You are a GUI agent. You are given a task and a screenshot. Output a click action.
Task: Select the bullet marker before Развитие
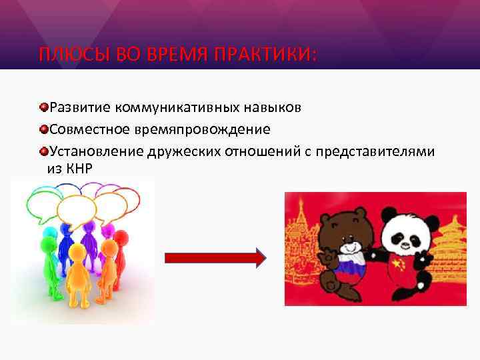43,107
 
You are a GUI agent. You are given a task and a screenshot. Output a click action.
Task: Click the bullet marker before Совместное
43,129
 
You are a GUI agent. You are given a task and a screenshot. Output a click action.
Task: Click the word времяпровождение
213,129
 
